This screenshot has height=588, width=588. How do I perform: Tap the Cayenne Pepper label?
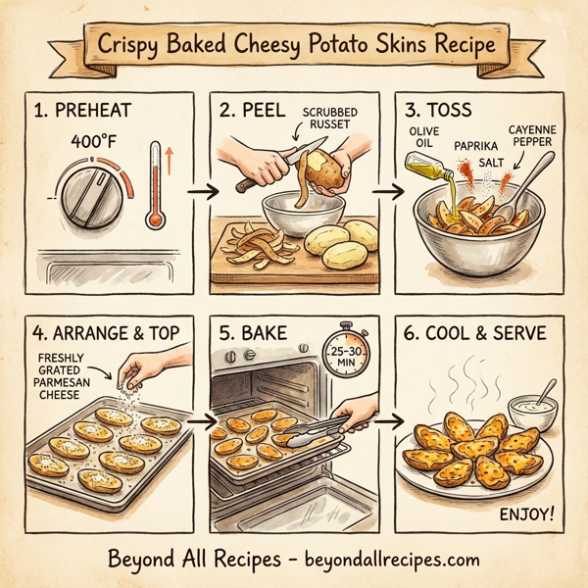534,137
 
